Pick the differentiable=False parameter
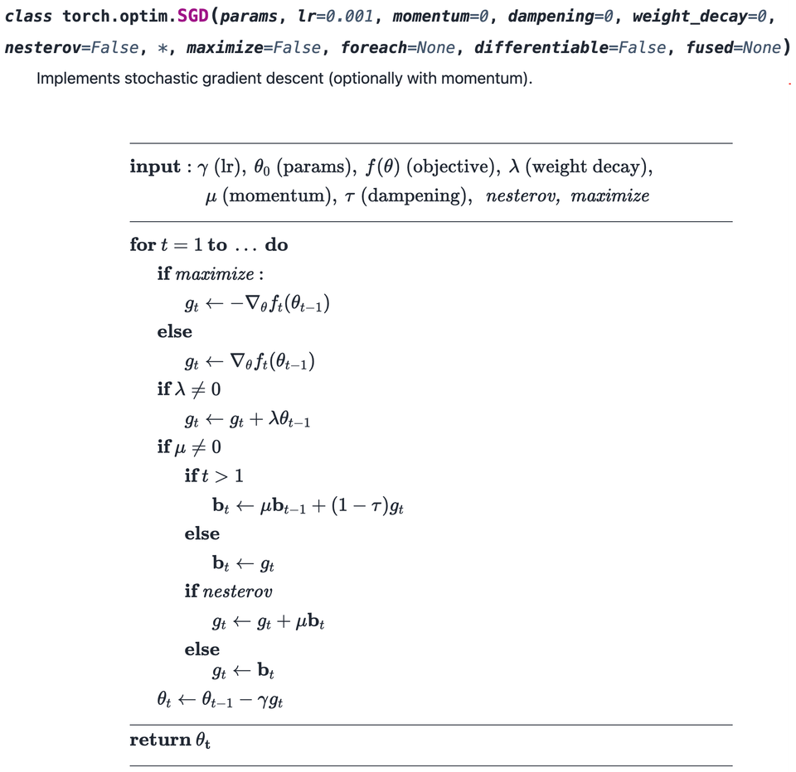(x=570, y=47)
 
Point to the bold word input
(x=154, y=166)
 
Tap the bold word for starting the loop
(x=142, y=245)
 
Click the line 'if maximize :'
(x=211, y=274)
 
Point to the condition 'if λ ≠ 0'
(x=189, y=389)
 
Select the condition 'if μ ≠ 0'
(x=189, y=447)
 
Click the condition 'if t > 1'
(x=214, y=476)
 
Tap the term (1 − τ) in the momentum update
(x=359, y=505)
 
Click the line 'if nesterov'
(x=228, y=591)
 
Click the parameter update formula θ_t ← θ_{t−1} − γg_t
(x=221, y=699)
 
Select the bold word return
(x=160, y=740)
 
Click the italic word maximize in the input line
(x=609, y=196)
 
